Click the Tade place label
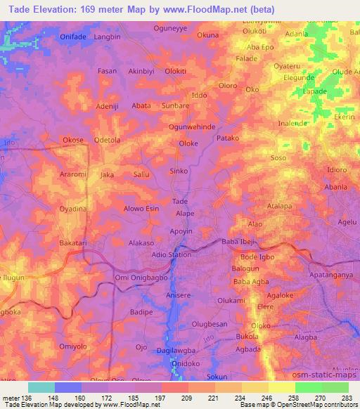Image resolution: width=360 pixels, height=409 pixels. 180,201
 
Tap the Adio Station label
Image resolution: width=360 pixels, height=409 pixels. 172,254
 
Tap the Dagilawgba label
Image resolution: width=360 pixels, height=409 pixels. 175,349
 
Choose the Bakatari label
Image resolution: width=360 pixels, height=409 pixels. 73,242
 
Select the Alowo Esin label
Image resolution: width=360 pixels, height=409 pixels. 141,209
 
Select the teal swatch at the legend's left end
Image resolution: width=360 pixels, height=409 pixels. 41,387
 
